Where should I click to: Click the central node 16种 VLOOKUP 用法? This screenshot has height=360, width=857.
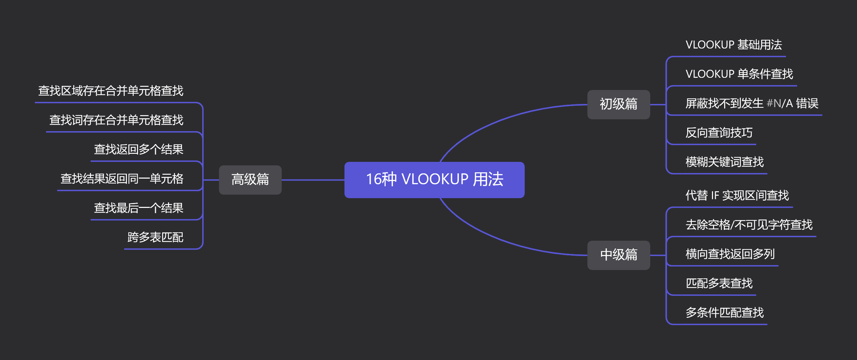click(x=434, y=180)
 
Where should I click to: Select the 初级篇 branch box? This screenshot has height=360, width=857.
click(x=619, y=104)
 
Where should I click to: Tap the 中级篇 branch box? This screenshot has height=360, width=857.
click(x=619, y=255)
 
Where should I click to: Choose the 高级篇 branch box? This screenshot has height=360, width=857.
click(x=250, y=180)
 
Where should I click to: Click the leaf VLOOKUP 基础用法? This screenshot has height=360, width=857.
click(x=734, y=45)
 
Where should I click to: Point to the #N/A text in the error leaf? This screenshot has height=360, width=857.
click(x=780, y=104)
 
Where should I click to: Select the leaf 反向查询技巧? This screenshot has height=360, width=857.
click(x=719, y=133)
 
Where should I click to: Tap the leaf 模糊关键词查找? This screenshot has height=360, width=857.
click(x=725, y=162)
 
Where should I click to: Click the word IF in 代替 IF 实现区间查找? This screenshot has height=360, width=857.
click(x=715, y=196)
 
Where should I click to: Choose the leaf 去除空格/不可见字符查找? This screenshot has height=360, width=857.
click(x=749, y=225)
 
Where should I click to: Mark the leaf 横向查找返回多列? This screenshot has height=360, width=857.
click(x=730, y=254)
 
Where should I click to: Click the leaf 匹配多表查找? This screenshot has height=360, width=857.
click(x=719, y=284)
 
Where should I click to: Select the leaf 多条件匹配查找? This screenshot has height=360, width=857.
click(x=725, y=313)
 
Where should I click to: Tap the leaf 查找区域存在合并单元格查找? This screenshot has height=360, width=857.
click(x=111, y=91)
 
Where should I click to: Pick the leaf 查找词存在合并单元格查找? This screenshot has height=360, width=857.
click(x=116, y=120)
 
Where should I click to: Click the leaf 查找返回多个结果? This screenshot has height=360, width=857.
click(x=139, y=150)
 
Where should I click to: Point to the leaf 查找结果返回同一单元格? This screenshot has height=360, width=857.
click(x=122, y=179)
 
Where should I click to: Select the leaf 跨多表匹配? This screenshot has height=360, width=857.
click(x=156, y=238)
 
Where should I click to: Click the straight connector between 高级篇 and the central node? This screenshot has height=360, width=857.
click(x=313, y=180)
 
